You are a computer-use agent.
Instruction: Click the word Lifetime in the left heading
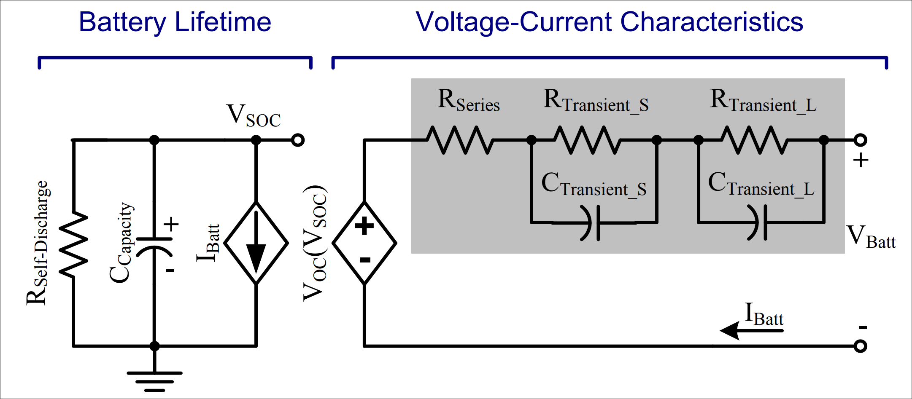pyautogui.click(x=223, y=22)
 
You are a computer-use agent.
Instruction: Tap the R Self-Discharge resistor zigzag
pyautogui.click(x=73, y=244)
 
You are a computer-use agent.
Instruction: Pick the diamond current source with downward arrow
pyautogui.click(x=256, y=243)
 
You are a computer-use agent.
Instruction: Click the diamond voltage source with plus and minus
pyautogui.click(x=364, y=243)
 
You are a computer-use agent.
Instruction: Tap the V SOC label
pyautogui.click(x=253, y=115)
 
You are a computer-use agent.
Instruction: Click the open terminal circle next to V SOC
pyautogui.click(x=298, y=140)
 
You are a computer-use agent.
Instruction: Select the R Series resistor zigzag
pyautogui.click(x=460, y=140)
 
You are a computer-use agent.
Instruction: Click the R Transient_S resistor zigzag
pyautogui.click(x=587, y=140)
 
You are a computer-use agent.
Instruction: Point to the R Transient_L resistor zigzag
pyautogui.click(x=754, y=140)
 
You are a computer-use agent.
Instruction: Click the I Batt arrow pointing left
pyautogui.click(x=751, y=330)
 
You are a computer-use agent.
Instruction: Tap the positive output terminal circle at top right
pyautogui.click(x=860, y=140)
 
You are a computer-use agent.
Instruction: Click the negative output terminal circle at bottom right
pyautogui.click(x=860, y=346)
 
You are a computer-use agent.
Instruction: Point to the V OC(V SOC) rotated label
pyautogui.click(x=315, y=243)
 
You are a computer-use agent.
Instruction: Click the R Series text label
pyautogui.click(x=468, y=101)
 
